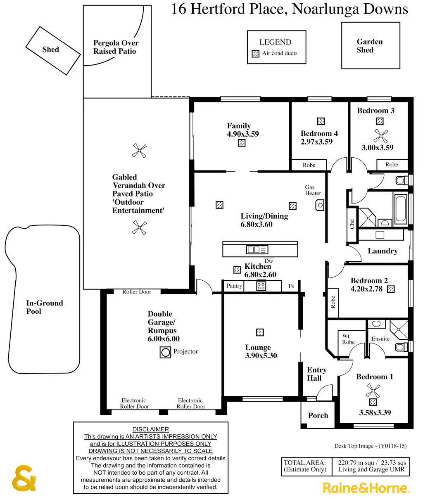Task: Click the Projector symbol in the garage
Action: tap(166, 352)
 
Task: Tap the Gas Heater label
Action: tap(313, 190)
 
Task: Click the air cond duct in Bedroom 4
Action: tap(321, 121)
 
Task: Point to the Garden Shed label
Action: tap(370, 46)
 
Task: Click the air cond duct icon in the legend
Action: tap(256, 53)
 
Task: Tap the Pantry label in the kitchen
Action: tap(234, 286)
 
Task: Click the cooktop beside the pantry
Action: tap(261, 286)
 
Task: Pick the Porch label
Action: tap(318, 416)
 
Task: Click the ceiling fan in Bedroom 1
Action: tap(373, 389)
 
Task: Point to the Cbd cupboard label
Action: tap(352, 224)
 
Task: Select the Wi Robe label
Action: tap(348, 339)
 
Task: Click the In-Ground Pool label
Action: tap(45, 307)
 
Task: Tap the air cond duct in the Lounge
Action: tap(259, 332)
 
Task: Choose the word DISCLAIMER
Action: tap(150, 429)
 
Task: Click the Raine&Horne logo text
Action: tap(366, 488)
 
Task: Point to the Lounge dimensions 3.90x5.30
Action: tap(261, 356)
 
